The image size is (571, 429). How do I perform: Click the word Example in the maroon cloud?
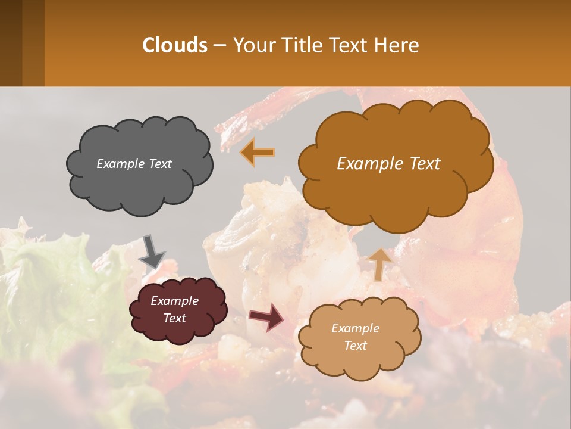(175, 301)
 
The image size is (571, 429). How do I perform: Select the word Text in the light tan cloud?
(356, 346)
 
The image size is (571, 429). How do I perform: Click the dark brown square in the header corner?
(22, 43)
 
